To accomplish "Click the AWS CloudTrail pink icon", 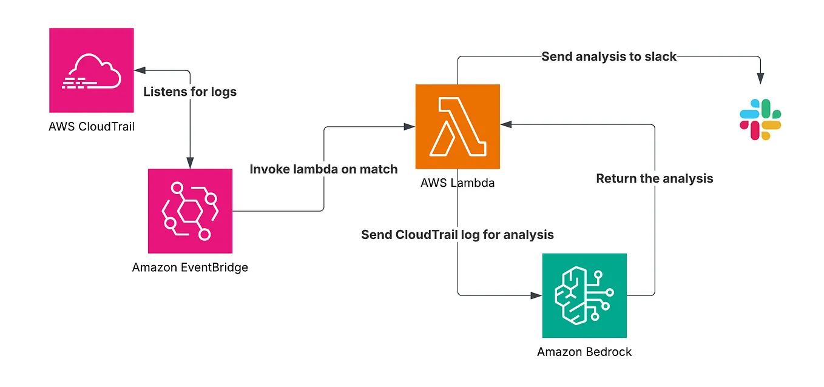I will pyautogui.click(x=91, y=70).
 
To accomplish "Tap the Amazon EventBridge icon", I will pyautogui.click(x=190, y=210).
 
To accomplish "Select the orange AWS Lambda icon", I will pyautogui.click(x=458, y=126).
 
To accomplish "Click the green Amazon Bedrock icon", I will pyautogui.click(x=584, y=295).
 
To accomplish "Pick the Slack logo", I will pyautogui.click(x=760, y=120).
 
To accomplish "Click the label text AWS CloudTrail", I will pyautogui.click(x=90, y=127).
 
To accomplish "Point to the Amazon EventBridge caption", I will pyautogui.click(x=190, y=267).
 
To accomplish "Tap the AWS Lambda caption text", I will pyautogui.click(x=458, y=183).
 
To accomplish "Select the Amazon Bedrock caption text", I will pyautogui.click(x=584, y=352).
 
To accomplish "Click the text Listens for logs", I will pyautogui.click(x=190, y=92).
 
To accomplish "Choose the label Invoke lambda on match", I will pyautogui.click(x=323, y=169).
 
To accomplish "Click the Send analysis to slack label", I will pyautogui.click(x=609, y=57).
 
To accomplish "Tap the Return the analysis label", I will pyautogui.click(x=654, y=178).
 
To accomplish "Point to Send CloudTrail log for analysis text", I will pyautogui.click(x=458, y=234).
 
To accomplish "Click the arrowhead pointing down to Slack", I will pyautogui.click(x=760, y=79).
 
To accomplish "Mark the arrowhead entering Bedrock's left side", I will pyautogui.click(x=536, y=295).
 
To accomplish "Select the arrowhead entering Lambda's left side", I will pyautogui.click(x=410, y=127).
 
